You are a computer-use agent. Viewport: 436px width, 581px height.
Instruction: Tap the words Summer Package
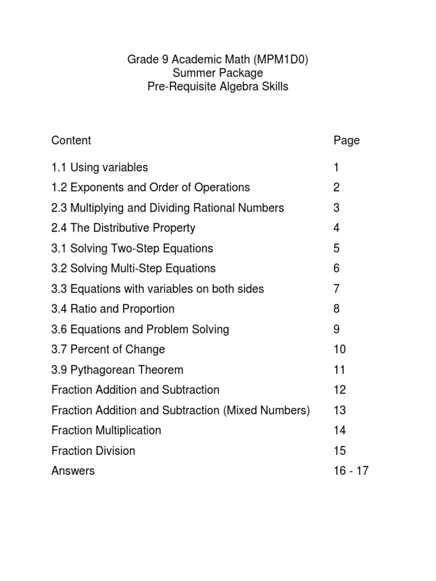218,73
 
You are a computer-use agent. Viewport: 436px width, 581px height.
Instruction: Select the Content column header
71,140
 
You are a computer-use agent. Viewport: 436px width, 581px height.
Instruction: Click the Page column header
346,140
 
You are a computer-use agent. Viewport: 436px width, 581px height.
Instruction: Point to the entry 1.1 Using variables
99,167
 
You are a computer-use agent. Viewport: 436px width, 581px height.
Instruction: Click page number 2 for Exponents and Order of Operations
337,188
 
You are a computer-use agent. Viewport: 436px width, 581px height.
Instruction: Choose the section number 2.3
59,208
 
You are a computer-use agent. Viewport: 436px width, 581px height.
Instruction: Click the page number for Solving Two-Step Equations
337,249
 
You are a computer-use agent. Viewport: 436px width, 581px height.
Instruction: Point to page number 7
337,289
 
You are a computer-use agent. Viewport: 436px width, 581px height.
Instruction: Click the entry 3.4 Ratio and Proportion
112,309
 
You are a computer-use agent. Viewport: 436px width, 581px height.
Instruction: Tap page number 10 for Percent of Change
339,350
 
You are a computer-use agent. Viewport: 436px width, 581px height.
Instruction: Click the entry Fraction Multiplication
106,431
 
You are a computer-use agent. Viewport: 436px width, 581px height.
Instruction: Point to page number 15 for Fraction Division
339,451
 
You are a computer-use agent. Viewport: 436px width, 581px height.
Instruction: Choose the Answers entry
73,471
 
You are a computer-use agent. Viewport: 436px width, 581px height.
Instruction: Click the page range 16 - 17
351,471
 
